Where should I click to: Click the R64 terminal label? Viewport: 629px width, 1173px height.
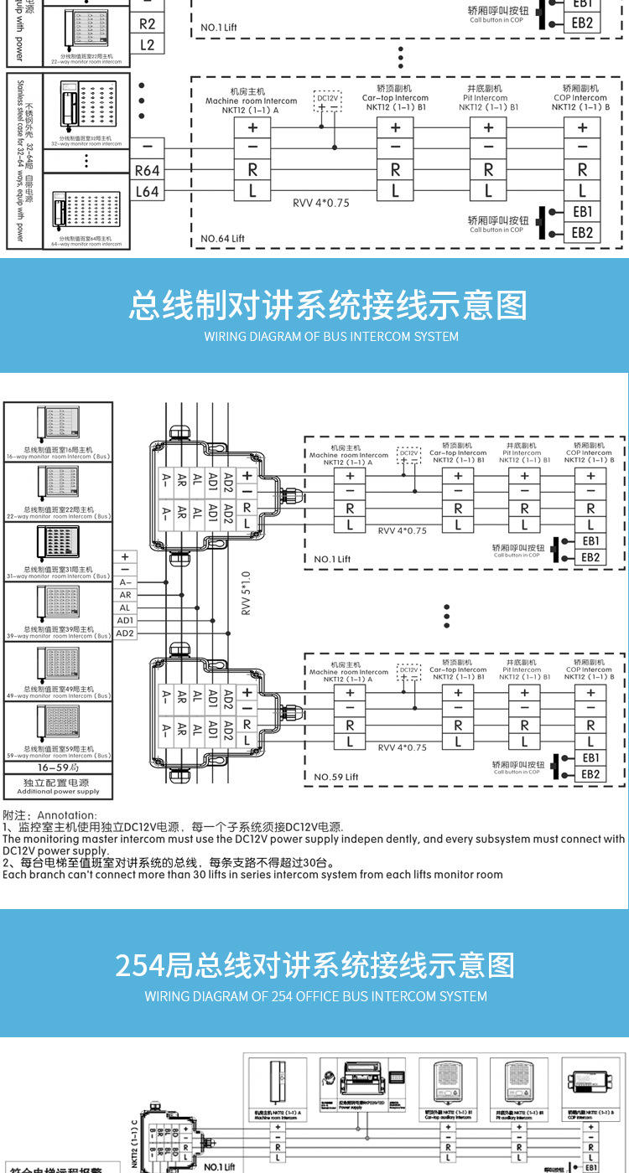click(x=147, y=171)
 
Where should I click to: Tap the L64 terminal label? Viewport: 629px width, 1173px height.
click(x=147, y=192)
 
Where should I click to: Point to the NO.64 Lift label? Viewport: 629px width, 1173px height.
click(x=221, y=239)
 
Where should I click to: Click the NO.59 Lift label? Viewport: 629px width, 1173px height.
click(x=335, y=777)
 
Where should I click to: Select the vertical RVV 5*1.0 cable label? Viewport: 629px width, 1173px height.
click(x=246, y=593)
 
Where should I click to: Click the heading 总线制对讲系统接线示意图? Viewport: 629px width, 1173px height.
click(x=328, y=305)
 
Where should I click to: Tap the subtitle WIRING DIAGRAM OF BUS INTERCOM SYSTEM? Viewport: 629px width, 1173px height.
click(x=331, y=336)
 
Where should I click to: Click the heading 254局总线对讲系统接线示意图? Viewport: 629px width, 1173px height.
click(x=314, y=965)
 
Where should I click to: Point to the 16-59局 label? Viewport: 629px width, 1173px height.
click(x=58, y=767)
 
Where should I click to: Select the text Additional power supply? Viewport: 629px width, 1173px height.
click(x=58, y=791)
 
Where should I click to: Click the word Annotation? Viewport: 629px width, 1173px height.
click(x=67, y=815)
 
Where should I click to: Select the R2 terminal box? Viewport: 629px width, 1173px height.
click(x=147, y=24)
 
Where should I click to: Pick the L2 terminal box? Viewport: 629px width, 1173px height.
click(x=147, y=44)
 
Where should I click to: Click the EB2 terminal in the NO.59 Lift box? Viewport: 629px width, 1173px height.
click(x=590, y=774)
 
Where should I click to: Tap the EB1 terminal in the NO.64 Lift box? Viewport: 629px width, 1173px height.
click(x=582, y=212)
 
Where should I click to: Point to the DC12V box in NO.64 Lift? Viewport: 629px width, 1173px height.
click(x=327, y=102)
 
